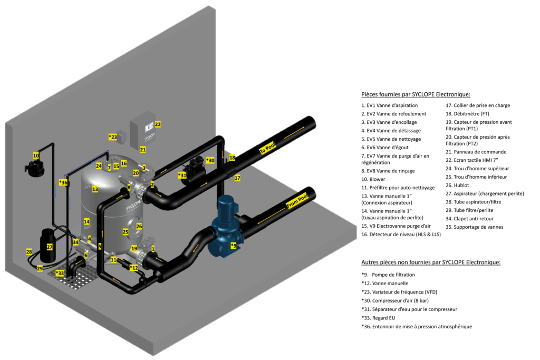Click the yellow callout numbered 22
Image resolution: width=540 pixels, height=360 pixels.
[158, 124]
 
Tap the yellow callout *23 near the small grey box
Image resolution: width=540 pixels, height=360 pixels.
[113, 137]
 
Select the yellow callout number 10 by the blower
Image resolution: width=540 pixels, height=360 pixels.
[36, 155]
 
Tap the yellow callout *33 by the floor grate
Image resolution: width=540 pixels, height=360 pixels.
[60, 273]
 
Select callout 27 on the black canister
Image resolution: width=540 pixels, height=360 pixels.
[50, 246]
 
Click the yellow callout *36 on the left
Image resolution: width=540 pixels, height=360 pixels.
[63, 183]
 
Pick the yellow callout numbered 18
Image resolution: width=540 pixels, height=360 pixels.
[232, 158]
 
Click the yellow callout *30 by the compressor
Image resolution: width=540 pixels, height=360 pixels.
[210, 160]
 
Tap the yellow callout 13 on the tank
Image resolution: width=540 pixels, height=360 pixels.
[95, 189]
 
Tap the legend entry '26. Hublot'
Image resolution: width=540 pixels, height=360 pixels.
[460, 185]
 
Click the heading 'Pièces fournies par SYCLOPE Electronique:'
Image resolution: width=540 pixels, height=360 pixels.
[416, 94]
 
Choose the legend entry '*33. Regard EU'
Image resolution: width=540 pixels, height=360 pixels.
[381, 318]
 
